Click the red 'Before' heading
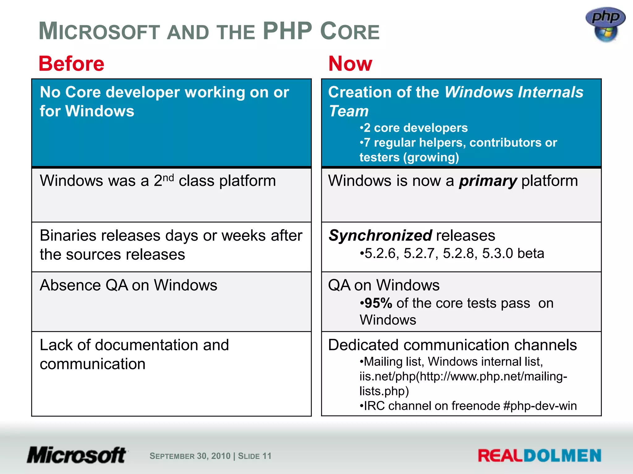(x=71, y=64)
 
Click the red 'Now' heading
(x=350, y=64)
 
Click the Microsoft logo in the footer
(x=77, y=455)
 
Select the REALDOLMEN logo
(x=539, y=456)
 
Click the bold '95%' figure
(x=378, y=303)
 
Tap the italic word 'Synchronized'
(x=380, y=236)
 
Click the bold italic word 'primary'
(x=488, y=181)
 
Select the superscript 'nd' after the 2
(x=168, y=178)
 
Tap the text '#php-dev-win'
(x=540, y=406)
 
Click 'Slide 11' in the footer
(x=255, y=456)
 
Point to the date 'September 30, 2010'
(x=190, y=456)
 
